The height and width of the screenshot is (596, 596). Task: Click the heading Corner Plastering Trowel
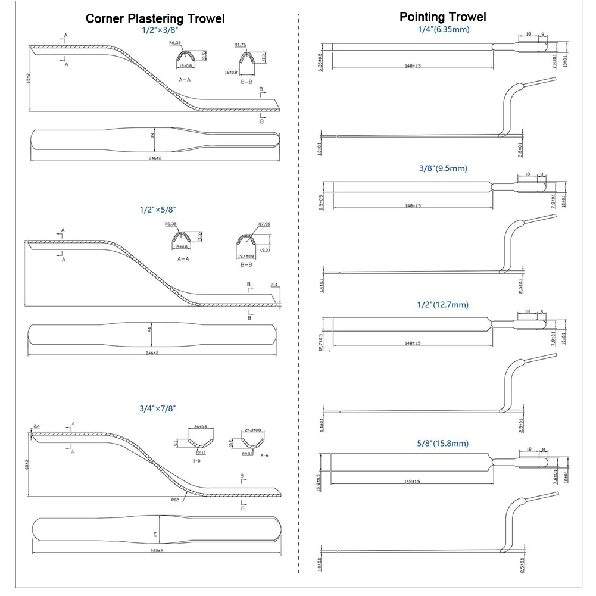click(x=155, y=18)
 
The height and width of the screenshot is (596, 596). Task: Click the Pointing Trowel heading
click(x=442, y=17)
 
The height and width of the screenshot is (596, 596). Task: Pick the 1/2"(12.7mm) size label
click(x=443, y=304)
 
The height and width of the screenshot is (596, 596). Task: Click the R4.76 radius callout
click(x=241, y=44)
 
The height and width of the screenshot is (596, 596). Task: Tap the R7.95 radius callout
click(x=265, y=224)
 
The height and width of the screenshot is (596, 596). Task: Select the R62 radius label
click(x=176, y=500)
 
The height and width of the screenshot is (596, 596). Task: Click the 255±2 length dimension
click(x=157, y=551)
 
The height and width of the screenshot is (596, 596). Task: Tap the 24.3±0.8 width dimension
click(x=253, y=430)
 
